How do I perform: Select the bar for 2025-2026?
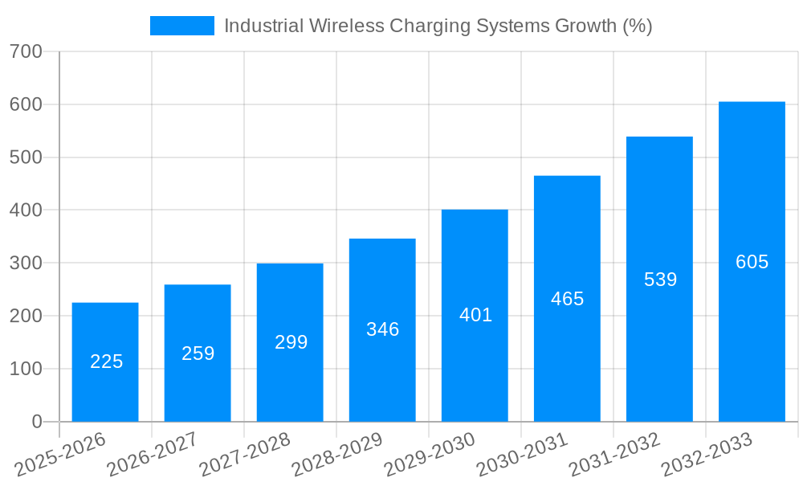pyautogui.click(x=105, y=361)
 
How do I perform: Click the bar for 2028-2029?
pyautogui.click(x=382, y=329)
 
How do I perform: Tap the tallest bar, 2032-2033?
pyautogui.click(x=752, y=261)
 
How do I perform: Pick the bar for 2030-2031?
pyautogui.click(x=567, y=298)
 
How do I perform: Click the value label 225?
pyautogui.click(x=106, y=361)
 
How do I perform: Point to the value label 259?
pyautogui.click(x=198, y=353)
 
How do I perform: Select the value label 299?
pyautogui.click(x=291, y=342)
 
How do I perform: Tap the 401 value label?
pyautogui.click(x=475, y=315)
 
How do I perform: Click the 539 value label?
pyautogui.click(x=660, y=280)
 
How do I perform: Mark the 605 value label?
pyautogui.click(x=752, y=262)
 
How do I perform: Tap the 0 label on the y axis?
pyautogui.click(x=37, y=422)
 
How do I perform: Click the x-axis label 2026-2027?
pyautogui.click(x=153, y=455)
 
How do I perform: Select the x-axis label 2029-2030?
pyautogui.click(x=430, y=455)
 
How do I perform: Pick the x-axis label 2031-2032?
pyautogui.click(x=614, y=455)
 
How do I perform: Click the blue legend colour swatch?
pyautogui.click(x=182, y=26)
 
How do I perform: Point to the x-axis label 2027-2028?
pyautogui.click(x=245, y=455)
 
